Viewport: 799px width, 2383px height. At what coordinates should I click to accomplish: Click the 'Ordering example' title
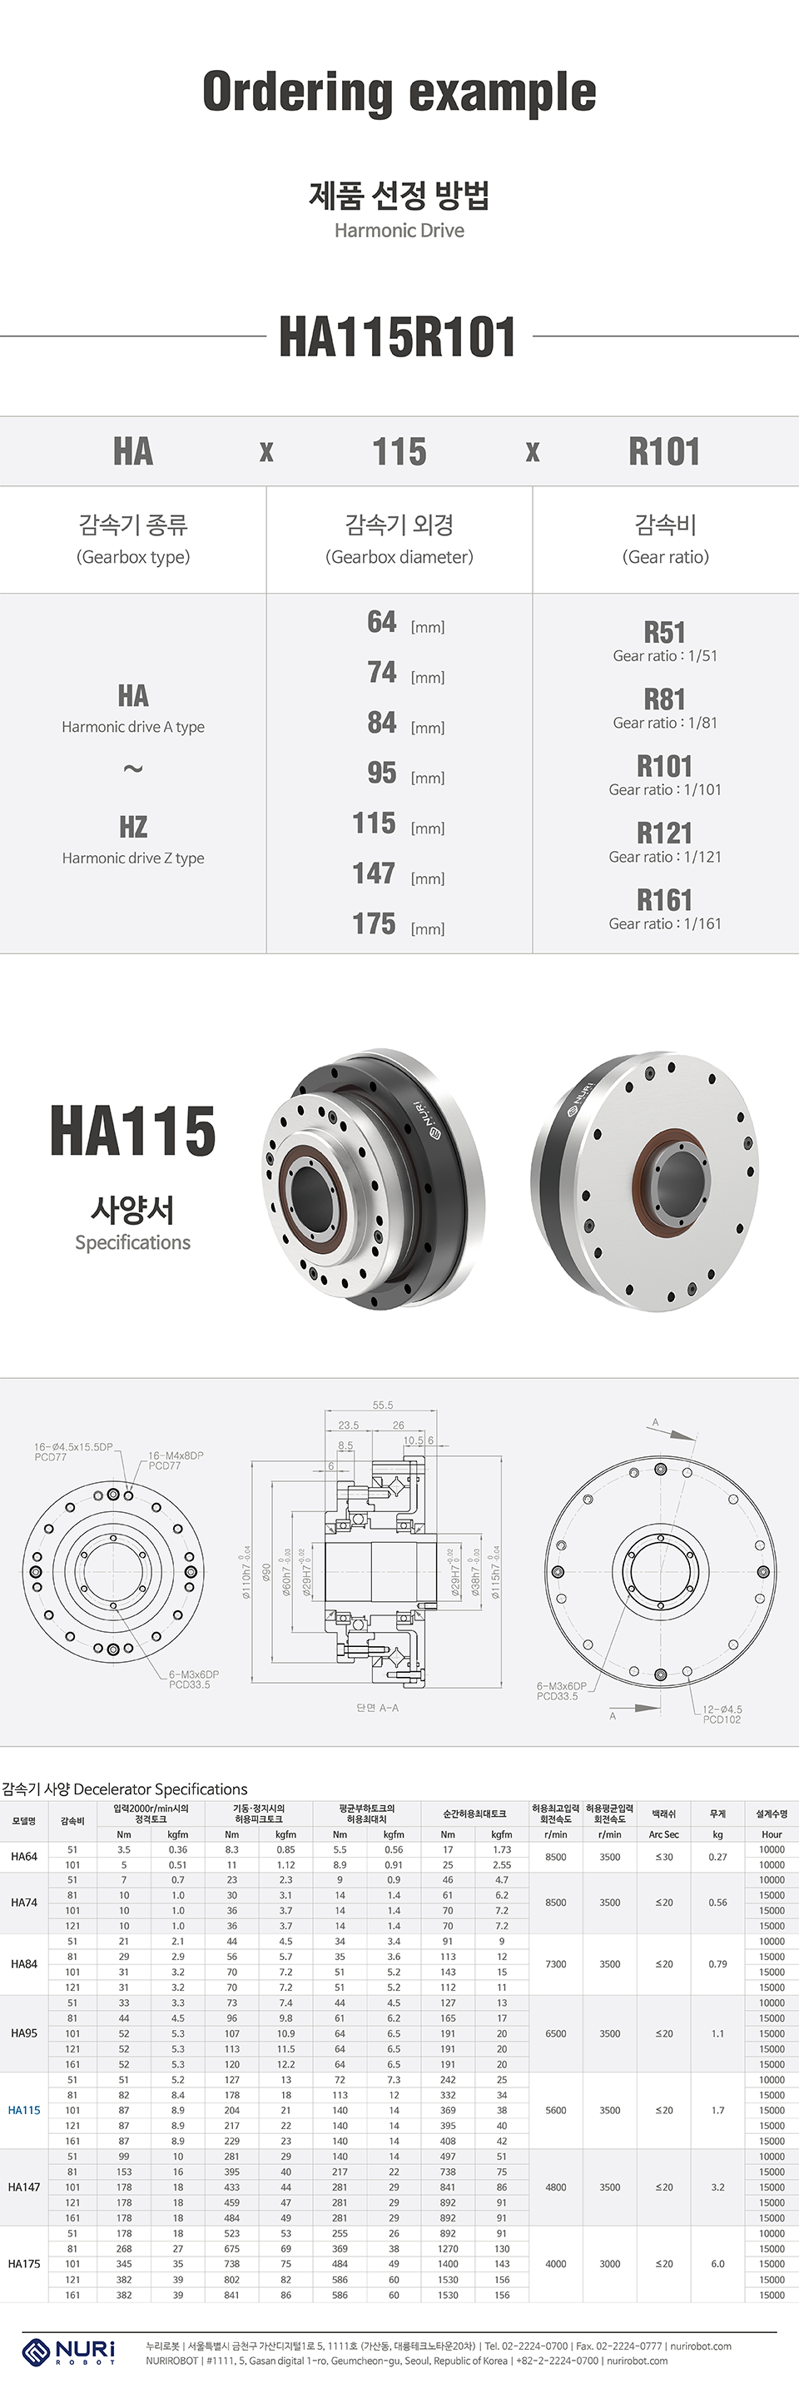pos(399,92)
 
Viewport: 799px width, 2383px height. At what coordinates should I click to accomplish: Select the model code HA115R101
pos(399,336)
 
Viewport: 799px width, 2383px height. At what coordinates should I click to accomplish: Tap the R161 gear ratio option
pos(664,900)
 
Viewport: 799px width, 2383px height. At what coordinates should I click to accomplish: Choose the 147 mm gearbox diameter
pos(375,873)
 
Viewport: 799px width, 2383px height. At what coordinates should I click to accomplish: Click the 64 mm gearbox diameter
pos(381,622)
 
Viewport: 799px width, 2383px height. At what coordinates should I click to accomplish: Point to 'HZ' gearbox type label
pos(133,827)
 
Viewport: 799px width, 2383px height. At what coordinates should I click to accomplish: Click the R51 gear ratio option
pos(664,633)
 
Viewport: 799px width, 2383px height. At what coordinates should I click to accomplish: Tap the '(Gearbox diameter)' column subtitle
pos(399,557)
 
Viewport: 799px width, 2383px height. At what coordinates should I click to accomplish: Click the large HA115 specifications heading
pos(133,1132)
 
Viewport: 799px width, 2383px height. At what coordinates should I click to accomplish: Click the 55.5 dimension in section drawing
pos(383,1405)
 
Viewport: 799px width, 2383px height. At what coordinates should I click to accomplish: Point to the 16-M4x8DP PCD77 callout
pos(175,1460)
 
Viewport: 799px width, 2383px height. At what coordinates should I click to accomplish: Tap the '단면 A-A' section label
pos(377,1708)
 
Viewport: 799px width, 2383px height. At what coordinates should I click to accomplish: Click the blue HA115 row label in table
pos(24,2110)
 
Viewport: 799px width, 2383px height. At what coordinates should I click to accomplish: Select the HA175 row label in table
pos(24,2264)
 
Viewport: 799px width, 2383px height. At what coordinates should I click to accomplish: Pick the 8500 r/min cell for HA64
pos(556,1857)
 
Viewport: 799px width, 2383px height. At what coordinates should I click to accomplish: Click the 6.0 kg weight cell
pos(717,2264)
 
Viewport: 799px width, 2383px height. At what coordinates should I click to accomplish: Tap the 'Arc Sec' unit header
pos(664,1834)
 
